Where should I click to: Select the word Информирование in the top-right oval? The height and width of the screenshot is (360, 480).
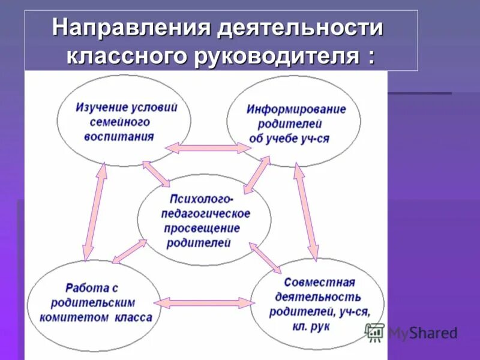coord(296,110)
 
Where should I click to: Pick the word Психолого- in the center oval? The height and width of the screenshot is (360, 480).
coord(202,199)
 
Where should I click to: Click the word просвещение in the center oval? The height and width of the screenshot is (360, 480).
coord(202,229)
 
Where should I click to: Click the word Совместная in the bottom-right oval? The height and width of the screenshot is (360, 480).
coord(319,282)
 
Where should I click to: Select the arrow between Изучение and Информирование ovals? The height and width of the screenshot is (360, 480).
coord(208,148)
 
